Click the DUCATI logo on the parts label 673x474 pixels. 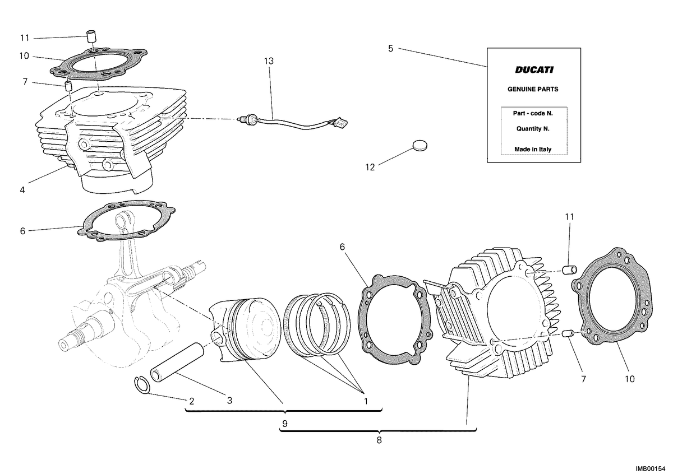click(534, 69)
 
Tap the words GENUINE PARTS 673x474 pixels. click(533, 89)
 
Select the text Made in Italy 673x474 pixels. click(533, 149)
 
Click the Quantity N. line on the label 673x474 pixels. click(533, 129)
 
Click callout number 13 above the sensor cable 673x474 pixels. click(269, 61)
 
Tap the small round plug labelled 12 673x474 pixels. click(420, 146)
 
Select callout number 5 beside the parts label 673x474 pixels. click(390, 49)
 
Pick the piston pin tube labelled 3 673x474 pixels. click(177, 363)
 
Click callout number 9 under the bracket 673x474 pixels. click(285, 424)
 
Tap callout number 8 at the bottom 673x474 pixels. click(379, 440)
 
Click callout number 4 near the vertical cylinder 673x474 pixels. click(22, 190)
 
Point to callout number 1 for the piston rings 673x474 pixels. click(366, 401)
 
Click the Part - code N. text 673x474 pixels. click(533, 114)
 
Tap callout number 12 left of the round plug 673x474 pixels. click(370, 167)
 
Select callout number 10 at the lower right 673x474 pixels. click(630, 379)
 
